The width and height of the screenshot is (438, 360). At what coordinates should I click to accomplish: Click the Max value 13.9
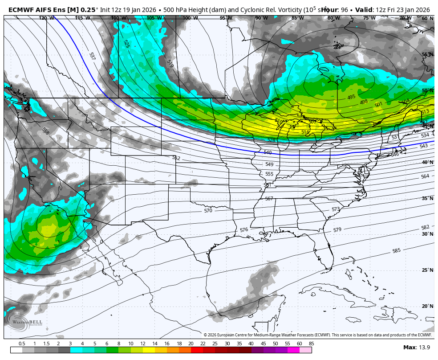(x=417, y=347)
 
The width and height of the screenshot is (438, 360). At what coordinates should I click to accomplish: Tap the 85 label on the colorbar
(x=311, y=344)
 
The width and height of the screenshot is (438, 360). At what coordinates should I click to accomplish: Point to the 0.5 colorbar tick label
(x=22, y=344)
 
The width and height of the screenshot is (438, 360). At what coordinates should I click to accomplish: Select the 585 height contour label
(x=397, y=251)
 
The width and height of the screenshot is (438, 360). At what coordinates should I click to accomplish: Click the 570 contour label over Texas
(x=208, y=211)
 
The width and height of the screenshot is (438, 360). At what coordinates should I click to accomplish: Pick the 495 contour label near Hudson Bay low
(x=351, y=97)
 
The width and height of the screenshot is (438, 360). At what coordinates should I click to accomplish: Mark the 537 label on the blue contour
(x=92, y=56)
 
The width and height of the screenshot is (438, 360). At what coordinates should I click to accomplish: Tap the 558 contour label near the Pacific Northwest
(x=45, y=131)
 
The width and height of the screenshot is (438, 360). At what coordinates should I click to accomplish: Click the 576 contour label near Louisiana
(x=244, y=230)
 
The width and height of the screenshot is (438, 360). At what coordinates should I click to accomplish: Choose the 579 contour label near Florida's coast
(x=337, y=230)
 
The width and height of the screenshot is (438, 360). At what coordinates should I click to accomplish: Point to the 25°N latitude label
(x=427, y=270)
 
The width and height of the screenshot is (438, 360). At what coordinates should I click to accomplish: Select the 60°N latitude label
(x=427, y=18)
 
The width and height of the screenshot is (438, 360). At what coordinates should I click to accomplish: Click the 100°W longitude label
(x=190, y=18)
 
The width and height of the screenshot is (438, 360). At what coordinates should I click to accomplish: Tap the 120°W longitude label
(x=46, y=18)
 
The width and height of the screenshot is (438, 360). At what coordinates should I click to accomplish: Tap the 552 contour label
(x=176, y=158)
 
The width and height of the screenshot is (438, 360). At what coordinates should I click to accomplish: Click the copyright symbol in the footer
(x=206, y=335)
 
